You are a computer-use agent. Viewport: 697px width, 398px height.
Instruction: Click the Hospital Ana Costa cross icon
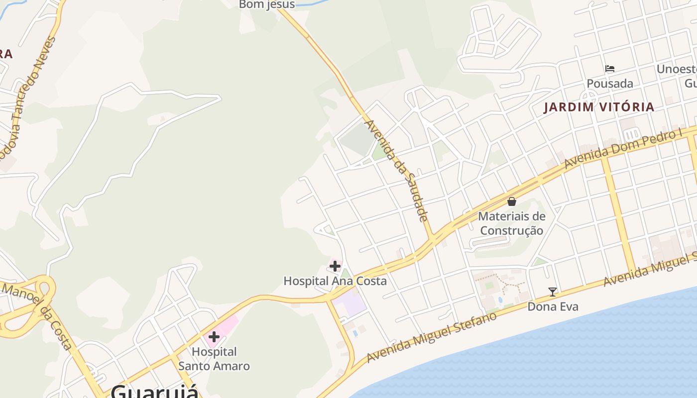pos(335,266)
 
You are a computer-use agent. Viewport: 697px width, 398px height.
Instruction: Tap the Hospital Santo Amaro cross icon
pos(214,337)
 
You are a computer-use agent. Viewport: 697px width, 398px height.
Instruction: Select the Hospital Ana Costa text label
pos(335,281)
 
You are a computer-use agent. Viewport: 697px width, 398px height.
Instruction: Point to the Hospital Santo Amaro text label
pos(214,359)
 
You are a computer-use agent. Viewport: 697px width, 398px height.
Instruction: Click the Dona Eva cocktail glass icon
pos(552,292)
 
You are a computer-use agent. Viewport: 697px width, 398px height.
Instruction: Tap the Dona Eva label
pos(553,306)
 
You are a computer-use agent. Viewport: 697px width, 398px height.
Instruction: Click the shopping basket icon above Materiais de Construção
pos(511,201)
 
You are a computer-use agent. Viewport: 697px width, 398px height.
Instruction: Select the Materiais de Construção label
pos(511,223)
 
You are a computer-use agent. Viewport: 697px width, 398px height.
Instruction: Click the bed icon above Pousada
pos(610,69)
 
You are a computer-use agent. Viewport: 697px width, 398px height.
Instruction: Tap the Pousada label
pos(610,83)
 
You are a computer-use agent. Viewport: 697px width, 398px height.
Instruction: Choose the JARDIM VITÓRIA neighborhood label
pos(598,107)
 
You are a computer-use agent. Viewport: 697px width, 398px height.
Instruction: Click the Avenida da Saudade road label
pos(397,170)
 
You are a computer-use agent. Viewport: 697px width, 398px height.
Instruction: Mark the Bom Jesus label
pos(267,5)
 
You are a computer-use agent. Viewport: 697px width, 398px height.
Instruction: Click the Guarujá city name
pos(154,391)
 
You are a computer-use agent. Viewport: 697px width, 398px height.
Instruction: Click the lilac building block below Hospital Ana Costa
pos(350,304)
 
